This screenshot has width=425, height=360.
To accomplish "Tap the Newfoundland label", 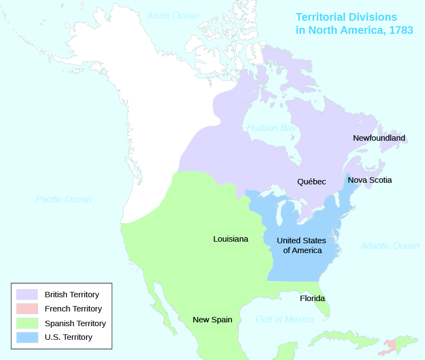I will pyautogui.click(x=379, y=138).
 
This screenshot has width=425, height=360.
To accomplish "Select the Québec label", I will pyautogui.click(x=311, y=182).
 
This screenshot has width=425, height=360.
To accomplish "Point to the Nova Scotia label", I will pyautogui.click(x=369, y=179).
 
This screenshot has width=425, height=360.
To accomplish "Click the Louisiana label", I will pyautogui.click(x=230, y=239).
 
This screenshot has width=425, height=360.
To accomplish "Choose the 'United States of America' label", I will pyautogui.click(x=301, y=245).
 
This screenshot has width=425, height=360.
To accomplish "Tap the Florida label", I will pyautogui.click(x=312, y=298).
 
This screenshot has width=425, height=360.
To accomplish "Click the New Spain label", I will pyautogui.click(x=212, y=320).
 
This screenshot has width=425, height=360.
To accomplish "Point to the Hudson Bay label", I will pyautogui.click(x=271, y=128).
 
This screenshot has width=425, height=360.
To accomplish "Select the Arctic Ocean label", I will pyautogui.click(x=173, y=15).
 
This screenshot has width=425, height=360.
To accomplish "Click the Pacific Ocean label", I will pyautogui.click(x=64, y=199).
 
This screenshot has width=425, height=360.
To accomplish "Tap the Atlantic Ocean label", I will pyautogui.click(x=390, y=245).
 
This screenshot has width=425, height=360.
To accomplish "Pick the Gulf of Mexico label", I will pyautogui.click(x=284, y=319).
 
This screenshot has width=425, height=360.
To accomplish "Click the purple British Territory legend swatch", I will pyautogui.click(x=27, y=295).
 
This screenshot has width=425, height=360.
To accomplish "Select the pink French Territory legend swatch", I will pyautogui.click(x=27, y=309).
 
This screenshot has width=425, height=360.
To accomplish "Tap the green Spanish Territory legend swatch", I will pyautogui.click(x=27, y=323).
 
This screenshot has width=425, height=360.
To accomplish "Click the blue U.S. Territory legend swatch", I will pyautogui.click(x=27, y=337).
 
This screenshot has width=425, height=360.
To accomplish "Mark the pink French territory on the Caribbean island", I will pyautogui.click(x=391, y=345).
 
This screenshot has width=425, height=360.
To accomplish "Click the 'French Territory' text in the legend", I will pyautogui.click(x=73, y=309).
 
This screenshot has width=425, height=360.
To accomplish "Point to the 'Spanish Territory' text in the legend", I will pyautogui.click(x=75, y=323).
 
